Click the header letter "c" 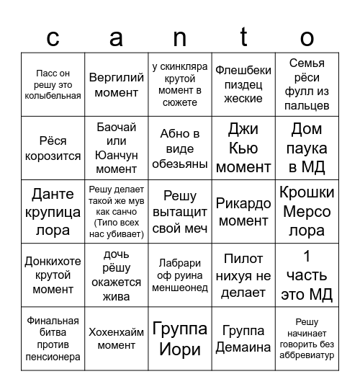(53, 37)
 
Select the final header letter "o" (307, 37)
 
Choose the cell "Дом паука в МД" (307, 148)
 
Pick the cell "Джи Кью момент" (243, 148)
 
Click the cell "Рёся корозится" (53, 148)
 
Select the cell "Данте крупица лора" (53, 211)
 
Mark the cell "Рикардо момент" (243, 212)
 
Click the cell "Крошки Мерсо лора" (307, 211)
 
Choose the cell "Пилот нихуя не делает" (243, 275)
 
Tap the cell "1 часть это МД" (307, 275)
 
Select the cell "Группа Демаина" (243, 339)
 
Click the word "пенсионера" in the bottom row (53, 357)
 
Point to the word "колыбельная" (53, 97)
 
